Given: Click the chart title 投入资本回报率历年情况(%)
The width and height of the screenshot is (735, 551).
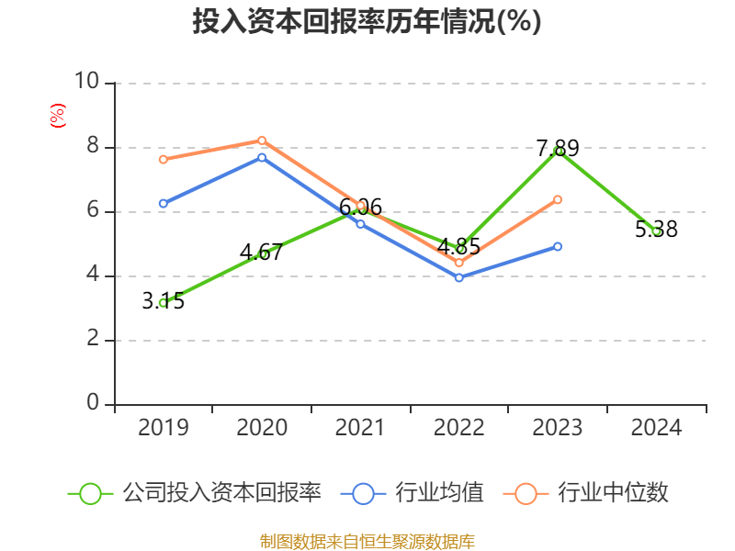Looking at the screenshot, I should tap(367, 22).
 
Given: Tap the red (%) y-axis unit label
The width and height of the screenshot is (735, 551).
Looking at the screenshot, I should tap(57, 116).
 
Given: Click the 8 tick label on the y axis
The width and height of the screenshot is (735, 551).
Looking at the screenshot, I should tap(92, 146).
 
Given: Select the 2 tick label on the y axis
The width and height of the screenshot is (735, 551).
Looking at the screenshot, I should tap(92, 339).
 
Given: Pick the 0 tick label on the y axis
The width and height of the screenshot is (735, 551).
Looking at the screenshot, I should tap(92, 403).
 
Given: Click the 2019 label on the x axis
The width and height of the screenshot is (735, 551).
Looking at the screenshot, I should tap(163, 427).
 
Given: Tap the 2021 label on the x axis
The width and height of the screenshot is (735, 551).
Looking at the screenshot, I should tap(360, 427).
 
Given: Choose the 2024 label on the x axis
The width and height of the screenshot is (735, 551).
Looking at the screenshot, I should tap(656, 427).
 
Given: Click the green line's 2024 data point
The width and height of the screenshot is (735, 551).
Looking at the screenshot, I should tap(656, 231).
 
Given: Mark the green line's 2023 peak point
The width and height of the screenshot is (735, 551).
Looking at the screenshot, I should tap(558, 151).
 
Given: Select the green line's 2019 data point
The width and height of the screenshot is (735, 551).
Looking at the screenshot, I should tap(163, 302).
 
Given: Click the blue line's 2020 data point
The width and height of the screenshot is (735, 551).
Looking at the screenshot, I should tap(262, 157).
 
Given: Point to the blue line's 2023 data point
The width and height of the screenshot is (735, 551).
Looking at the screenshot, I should tap(558, 246).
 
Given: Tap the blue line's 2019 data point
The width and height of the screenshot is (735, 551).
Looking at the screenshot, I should tap(163, 203).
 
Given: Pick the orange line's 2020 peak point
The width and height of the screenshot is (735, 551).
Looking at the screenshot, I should tap(262, 141).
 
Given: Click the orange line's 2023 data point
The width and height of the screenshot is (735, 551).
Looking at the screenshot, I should tap(558, 199).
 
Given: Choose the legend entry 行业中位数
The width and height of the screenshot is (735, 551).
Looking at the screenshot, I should tap(587, 493).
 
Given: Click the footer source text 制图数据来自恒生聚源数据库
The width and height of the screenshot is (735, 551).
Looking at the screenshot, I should tap(367, 541).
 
